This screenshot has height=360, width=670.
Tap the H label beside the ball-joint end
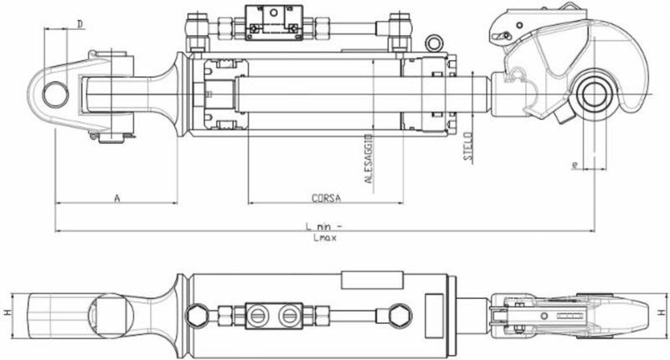pyautogui.click(x=7, y=312)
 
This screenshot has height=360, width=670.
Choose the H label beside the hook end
pyautogui.click(x=662, y=312)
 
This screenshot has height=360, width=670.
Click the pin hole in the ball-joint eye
pyautogui.click(x=56, y=90)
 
